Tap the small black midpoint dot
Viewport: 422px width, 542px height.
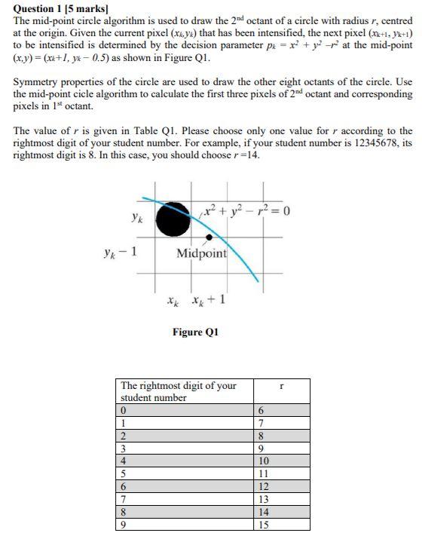(209, 237)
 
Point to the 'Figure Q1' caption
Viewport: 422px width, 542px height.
(195, 332)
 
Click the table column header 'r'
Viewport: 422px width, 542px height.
(280, 386)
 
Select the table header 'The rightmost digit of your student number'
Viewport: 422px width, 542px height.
(179, 391)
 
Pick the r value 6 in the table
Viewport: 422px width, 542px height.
(261, 410)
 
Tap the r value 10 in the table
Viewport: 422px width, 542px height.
(262, 461)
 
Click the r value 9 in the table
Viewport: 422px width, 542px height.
(261, 448)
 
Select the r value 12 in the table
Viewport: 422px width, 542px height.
(262, 486)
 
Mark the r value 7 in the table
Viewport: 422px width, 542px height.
(261, 423)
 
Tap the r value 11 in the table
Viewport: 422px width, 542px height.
(262, 473)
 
